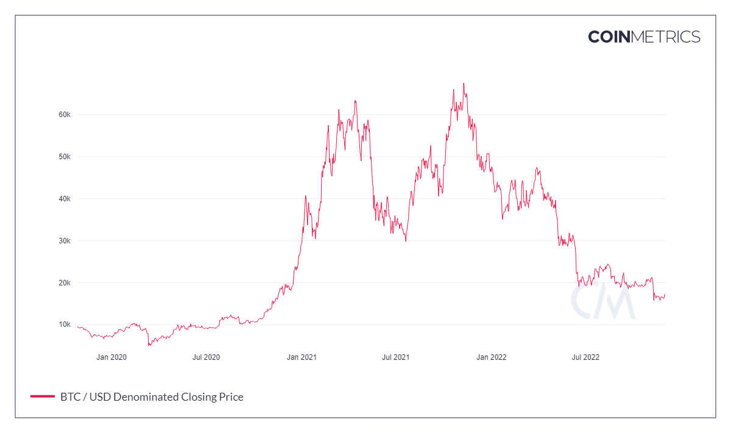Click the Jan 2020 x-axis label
click(x=111, y=357)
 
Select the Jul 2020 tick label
click(x=206, y=357)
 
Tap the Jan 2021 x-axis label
click(x=302, y=357)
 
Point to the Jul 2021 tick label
click(x=395, y=357)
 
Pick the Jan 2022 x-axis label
click(x=491, y=357)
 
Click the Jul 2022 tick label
click(x=585, y=357)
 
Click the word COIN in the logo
click(x=609, y=37)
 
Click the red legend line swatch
click(x=43, y=397)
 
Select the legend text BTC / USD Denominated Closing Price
click(x=152, y=397)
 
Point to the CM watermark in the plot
click(x=602, y=299)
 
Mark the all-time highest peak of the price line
click(x=464, y=84)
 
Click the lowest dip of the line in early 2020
click(x=149, y=345)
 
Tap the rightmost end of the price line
click(x=665, y=295)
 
